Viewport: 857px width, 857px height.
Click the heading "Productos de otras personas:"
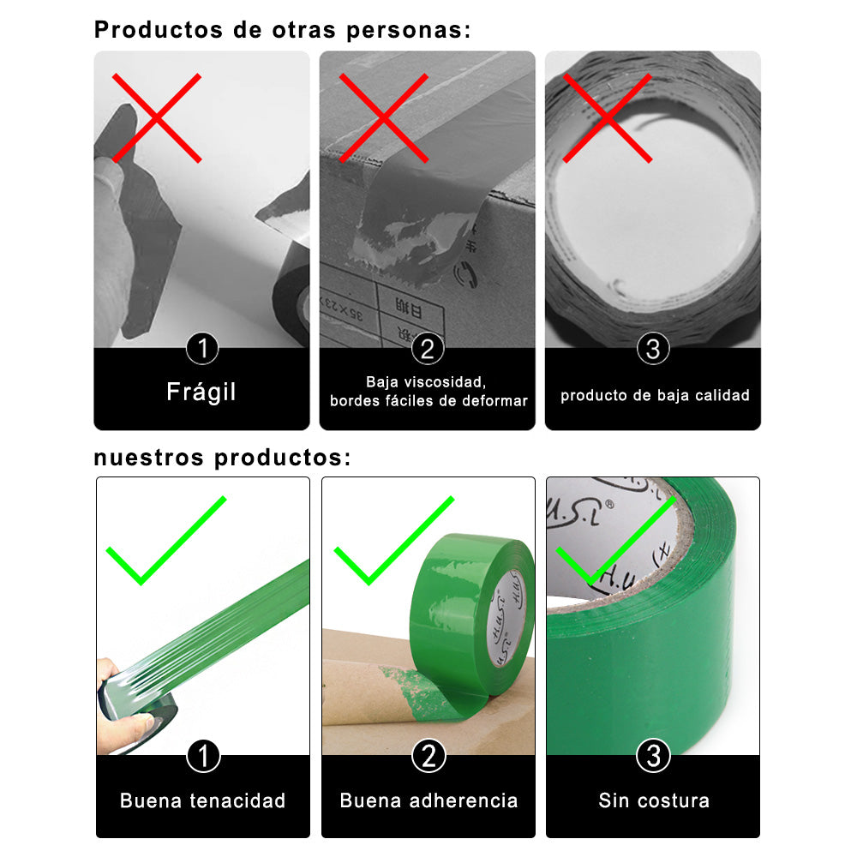(x=282, y=30)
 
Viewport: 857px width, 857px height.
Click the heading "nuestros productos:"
(x=223, y=458)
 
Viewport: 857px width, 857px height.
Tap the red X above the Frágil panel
(x=157, y=118)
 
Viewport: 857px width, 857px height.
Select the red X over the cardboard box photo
(x=384, y=118)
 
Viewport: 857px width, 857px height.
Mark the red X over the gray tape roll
(x=608, y=118)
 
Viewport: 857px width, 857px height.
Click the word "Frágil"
(x=201, y=392)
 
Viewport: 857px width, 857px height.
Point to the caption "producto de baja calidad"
(x=655, y=395)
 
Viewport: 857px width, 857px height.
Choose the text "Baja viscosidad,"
(x=426, y=381)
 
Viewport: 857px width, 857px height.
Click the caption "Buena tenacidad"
(x=203, y=800)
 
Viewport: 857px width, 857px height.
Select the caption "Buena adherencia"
(x=428, y=800)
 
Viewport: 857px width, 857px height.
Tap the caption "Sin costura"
(x=654, y=800)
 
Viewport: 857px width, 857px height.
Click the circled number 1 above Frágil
(x=202, y=348)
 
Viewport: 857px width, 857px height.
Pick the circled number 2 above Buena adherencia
(x=428, y=756)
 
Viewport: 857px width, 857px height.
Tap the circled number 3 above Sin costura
(x=653, y=756)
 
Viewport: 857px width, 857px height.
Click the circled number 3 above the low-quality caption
(x=653, y=348)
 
